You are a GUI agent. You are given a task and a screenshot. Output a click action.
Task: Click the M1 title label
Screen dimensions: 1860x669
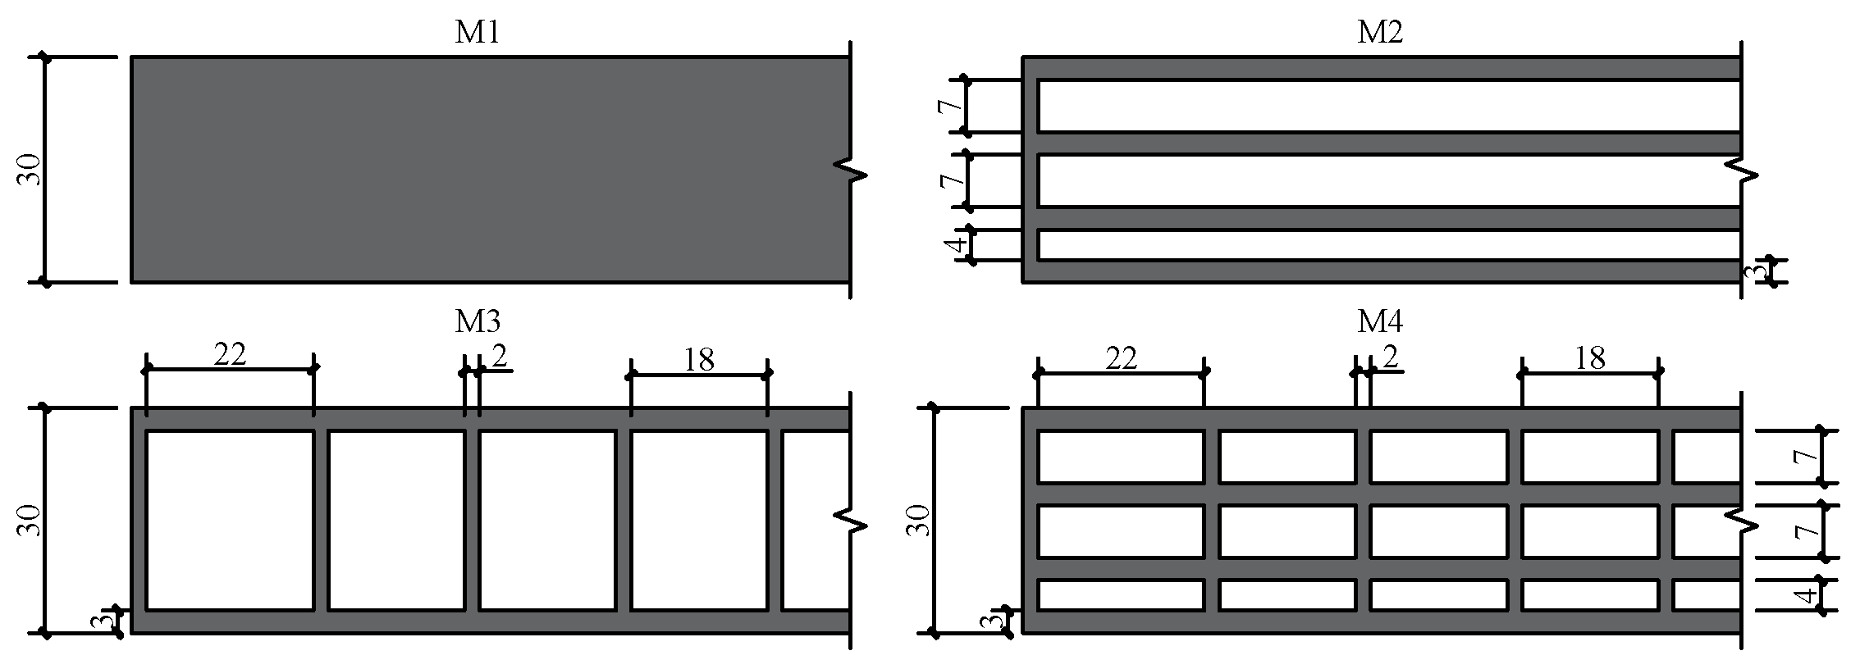coord(478,33)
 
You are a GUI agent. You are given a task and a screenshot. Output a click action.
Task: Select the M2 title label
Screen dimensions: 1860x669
coord(1380,33)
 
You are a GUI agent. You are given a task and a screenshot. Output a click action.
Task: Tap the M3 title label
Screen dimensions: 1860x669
coord(478,321)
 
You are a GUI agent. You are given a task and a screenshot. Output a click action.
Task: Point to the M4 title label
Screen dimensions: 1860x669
coord(1380,321)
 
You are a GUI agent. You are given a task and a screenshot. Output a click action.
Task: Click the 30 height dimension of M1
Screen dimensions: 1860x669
coord(30,170)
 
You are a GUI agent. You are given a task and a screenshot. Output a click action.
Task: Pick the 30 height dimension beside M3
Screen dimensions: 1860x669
coord(30,521)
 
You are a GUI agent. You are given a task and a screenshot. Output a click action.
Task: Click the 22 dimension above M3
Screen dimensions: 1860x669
coord(230,355)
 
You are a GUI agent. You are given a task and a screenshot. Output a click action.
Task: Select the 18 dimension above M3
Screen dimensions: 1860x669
coord(699,359)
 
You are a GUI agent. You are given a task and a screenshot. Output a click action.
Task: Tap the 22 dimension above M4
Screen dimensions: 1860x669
coord(1122,358)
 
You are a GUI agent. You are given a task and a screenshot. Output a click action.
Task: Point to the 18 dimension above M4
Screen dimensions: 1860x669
coord(1590,358)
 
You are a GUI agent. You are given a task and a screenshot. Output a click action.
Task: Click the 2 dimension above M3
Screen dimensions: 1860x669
coord(498,357)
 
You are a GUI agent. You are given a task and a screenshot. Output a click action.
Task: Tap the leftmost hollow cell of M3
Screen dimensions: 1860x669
coord(230,520)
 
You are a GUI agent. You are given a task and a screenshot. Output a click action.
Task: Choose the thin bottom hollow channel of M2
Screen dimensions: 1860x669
coord(1387,245)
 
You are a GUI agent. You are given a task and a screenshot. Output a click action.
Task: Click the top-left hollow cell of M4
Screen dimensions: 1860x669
coord(1121,457)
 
